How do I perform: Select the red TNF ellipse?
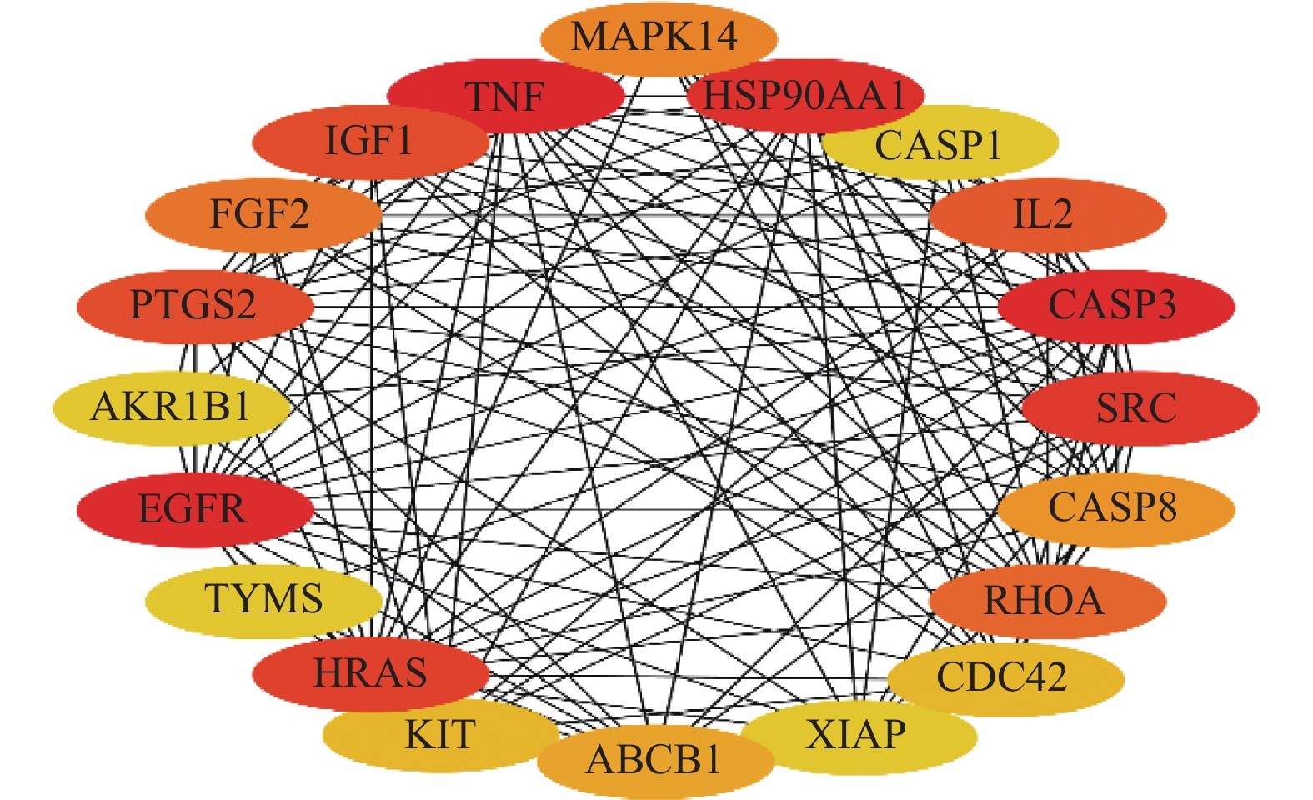point(505,97)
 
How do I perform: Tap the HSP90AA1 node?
point(804,97)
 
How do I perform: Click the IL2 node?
point(1046,214)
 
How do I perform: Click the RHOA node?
point(1046,601)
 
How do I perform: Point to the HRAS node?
point(370,673)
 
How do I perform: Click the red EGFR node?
point(194,509)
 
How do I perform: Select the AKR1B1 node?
point(172,407)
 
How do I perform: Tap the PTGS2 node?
point(194,305)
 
